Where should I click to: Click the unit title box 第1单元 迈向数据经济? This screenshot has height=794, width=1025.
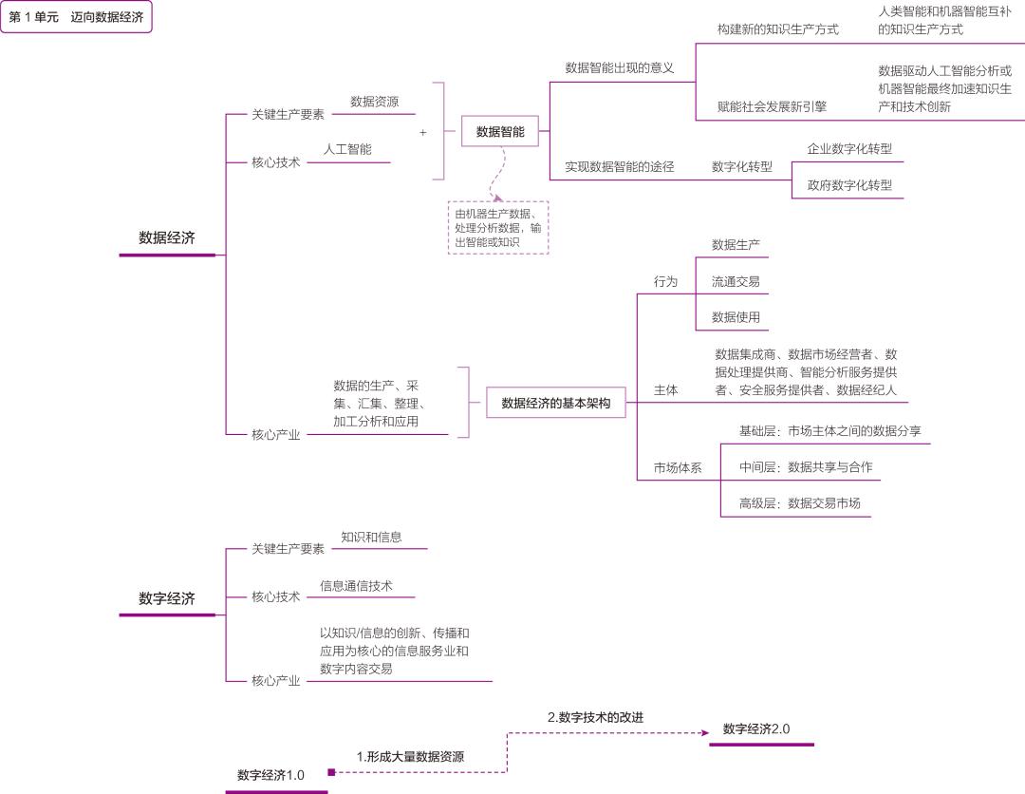click(76, 17)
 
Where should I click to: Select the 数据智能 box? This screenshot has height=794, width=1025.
click(500, 132)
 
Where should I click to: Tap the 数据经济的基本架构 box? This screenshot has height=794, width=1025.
click(556, 404)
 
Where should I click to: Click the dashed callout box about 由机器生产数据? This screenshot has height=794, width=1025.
click(498, 228)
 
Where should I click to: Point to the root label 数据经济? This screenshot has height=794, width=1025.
click(167, 238)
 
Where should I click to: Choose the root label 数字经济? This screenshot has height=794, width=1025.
click(167, 598)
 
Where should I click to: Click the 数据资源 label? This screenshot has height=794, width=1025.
click(374, 102)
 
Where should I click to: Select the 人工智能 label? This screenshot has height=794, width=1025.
click(347, 149)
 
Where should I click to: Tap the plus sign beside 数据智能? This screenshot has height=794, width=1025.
click(423, 133)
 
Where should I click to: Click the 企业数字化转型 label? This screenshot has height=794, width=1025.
click(849, 149)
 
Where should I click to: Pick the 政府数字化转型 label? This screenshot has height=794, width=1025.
click(849, 185)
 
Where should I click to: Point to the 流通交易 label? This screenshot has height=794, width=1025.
click(736, 281)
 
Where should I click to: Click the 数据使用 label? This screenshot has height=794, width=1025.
click(736, 316)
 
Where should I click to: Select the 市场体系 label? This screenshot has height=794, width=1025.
click(678, 468)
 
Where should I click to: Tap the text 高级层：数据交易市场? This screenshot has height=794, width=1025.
click(799, 503)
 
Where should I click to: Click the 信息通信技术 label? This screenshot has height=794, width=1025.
click(356, 585)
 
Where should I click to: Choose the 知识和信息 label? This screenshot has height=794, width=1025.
click(371, 537)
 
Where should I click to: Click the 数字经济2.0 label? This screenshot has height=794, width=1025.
click(756, 729)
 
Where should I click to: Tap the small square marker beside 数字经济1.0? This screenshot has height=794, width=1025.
click(331, 772)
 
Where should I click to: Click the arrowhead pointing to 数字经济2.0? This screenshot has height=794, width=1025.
click(705, 732)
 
